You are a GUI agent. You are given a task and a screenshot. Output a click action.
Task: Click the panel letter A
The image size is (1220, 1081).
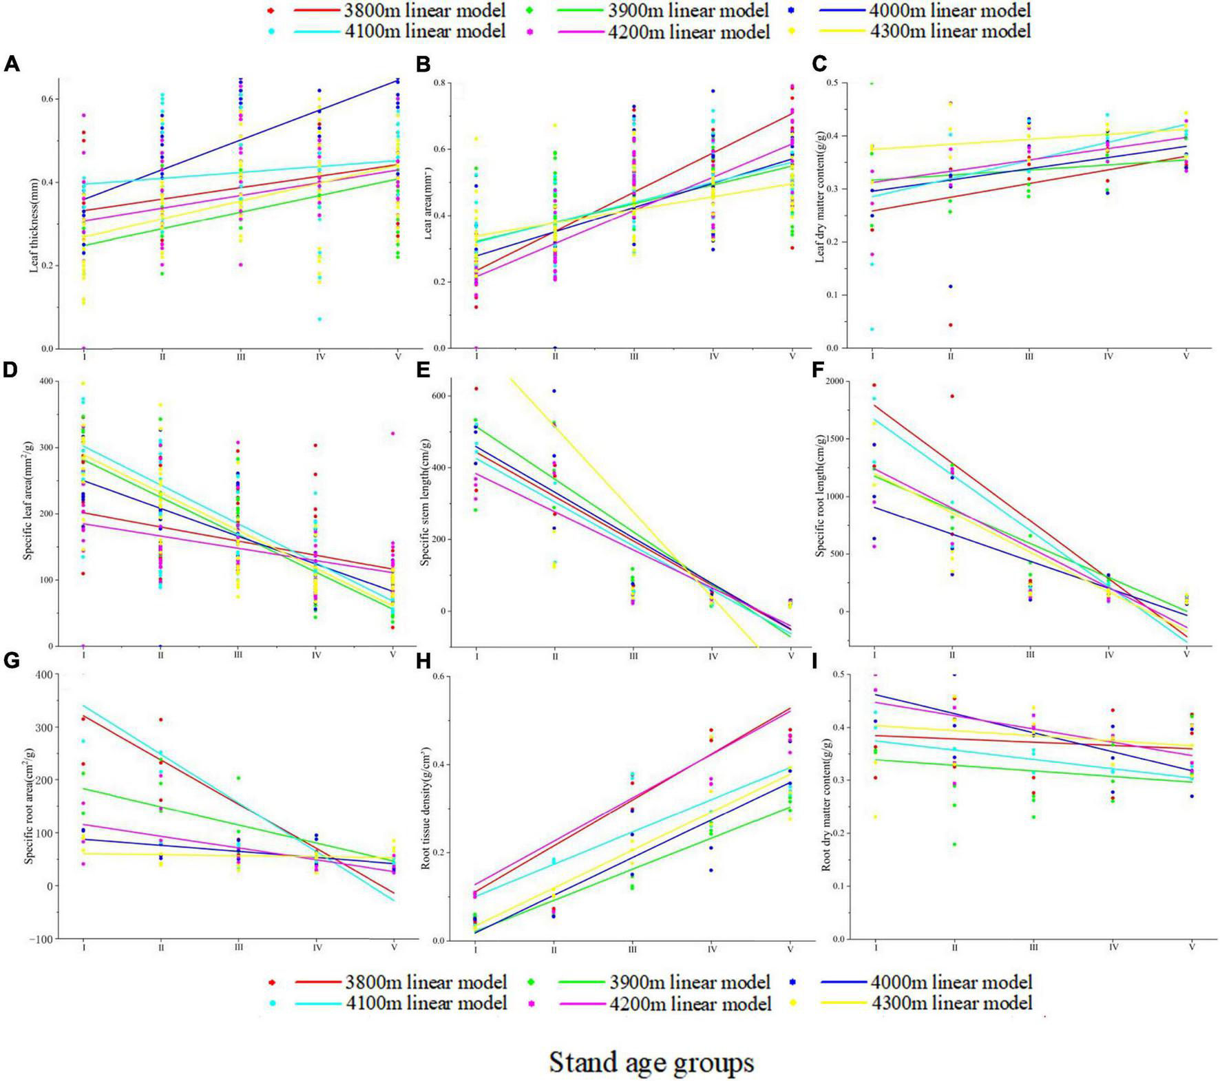(x=12, y=65)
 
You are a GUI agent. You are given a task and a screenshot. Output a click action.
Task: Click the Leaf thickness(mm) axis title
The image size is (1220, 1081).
(x=33, y=214)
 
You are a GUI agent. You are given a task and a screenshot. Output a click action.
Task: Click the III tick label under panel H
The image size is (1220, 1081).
(x=633, y=949)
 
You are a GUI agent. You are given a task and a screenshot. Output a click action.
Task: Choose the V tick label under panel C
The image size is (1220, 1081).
(x=1186, y=357)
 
